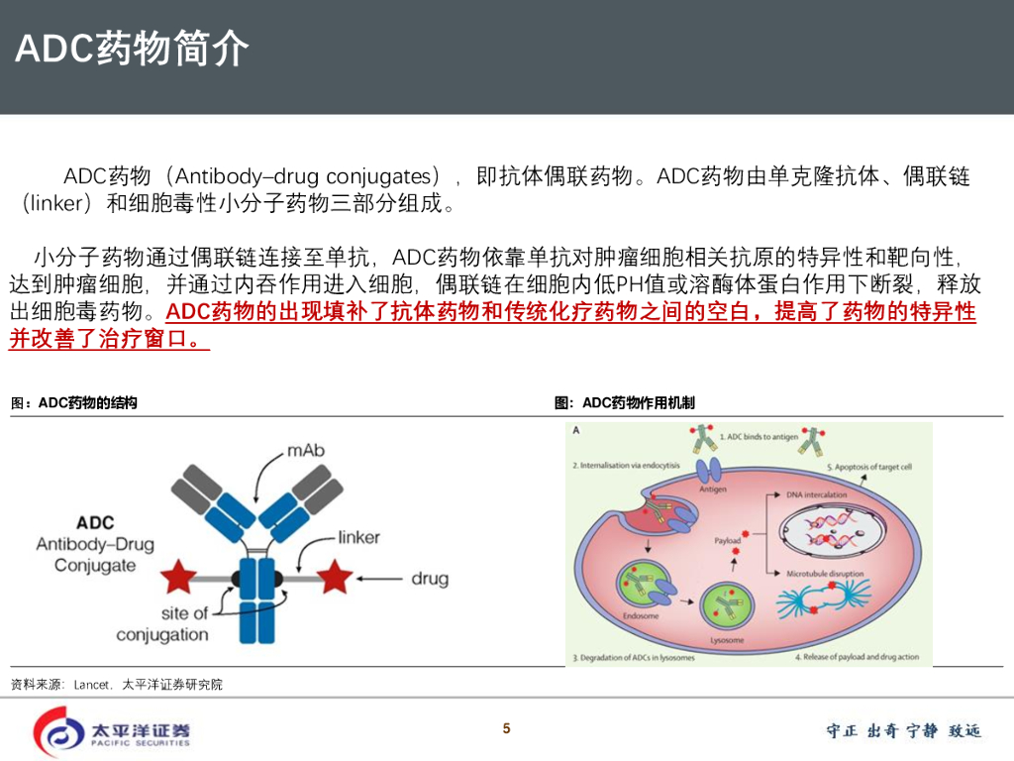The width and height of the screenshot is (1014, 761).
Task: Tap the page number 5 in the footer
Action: tap(506, 729)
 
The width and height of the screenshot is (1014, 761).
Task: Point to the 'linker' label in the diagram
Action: tap(358, 537)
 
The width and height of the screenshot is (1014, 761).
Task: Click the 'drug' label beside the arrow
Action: tap(430, 578)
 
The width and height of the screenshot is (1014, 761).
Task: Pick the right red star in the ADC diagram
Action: tap(334, 577)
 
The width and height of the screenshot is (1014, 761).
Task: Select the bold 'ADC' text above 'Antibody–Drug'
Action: tap(95, 522)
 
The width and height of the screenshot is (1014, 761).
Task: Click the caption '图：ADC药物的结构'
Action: tap(73, 403)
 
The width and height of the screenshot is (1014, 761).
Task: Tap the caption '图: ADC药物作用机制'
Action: tap(625, 403)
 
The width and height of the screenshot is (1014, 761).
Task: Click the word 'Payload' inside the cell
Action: tap(728, 541)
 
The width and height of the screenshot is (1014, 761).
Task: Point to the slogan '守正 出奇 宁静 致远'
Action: tap(903, 731)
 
